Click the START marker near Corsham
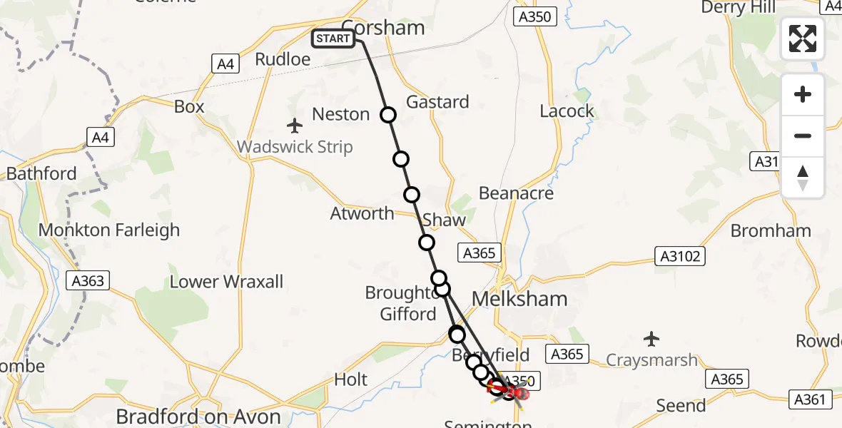[333, 39]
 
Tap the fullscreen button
[803, 39]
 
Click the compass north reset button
[803, 178]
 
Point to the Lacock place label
[567, 111]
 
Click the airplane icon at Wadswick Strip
[295, 126]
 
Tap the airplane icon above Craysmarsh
[651, 339]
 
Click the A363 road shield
[88, 280]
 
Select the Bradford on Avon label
[198, 417]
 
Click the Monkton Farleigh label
[108, 230]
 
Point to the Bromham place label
[771, 231]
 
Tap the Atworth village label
[362, 213]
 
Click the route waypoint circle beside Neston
[387, 114]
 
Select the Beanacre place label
[516, 193]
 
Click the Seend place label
[681, 405]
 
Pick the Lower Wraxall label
[226, 282]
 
